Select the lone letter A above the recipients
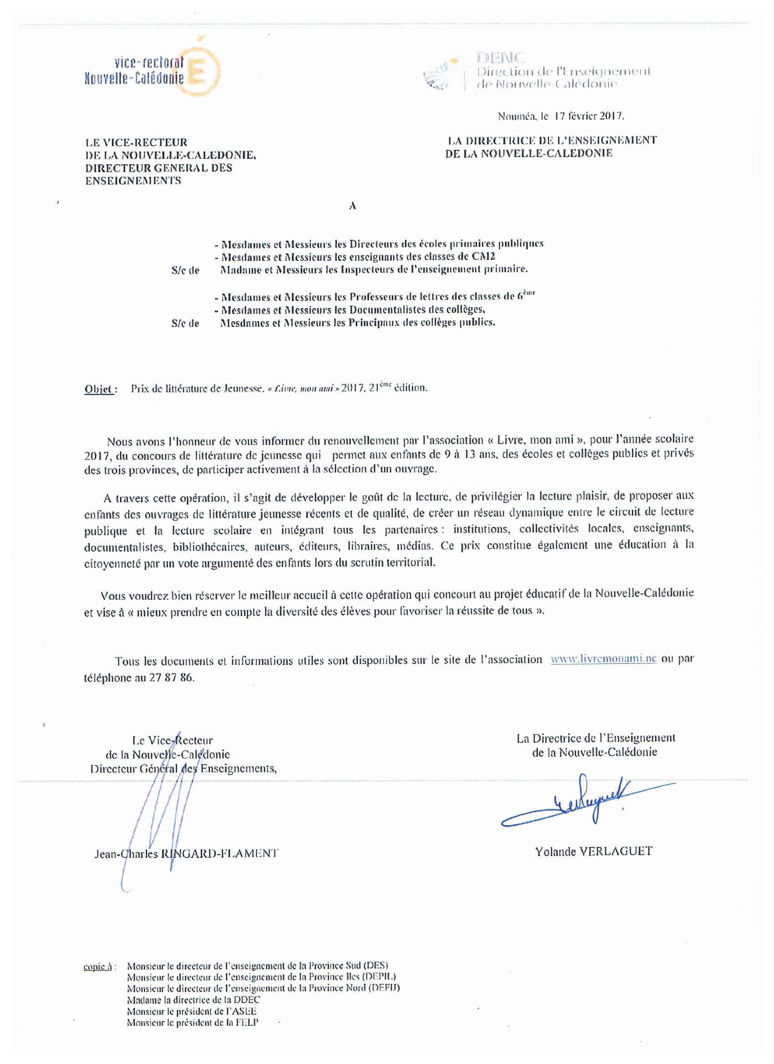pos(352,206)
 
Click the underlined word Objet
pos(99,389)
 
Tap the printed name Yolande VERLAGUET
pos(593,851)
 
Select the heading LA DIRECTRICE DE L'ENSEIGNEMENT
pos(552,140)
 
